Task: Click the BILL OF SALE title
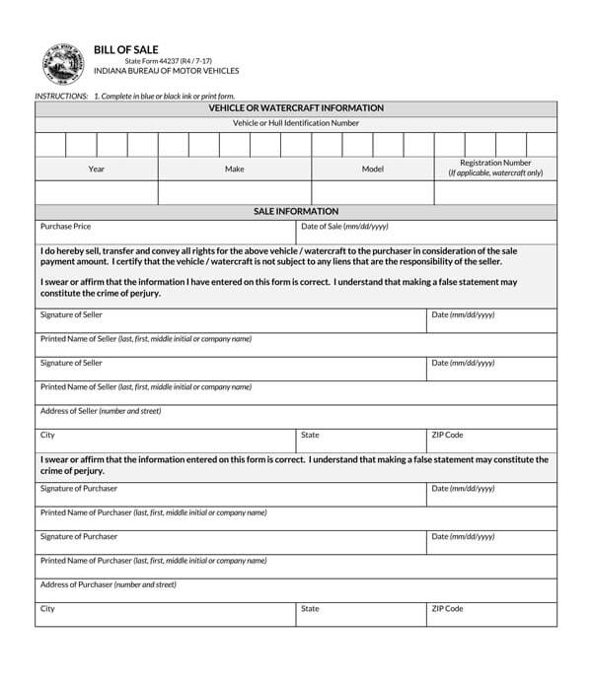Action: pyautogui.click(x=125, y=49)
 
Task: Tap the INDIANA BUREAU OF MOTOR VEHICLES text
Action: pyautogui.click(x=166, y=72)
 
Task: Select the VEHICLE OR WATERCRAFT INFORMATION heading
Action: pyautogui.click(x=296, y=108)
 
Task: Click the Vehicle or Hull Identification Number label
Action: pyautogui.click(x=296, y=123)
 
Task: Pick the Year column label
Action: pyautogui.click(x=97, y=170)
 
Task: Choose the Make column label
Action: pyautogui.click(x=235, y=170)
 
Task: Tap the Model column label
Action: pyautogui.click(x=373, y=170)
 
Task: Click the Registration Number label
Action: pyautogui.click(x=495, y=164)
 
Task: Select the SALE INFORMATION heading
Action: pyautogui.click(x=296, y=212)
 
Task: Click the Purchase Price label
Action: pyautogui.click(x=66, y=227)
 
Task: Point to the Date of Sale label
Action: pyautogui.click(x=344, y=227)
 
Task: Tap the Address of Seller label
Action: pyautogui.click(x=101, y=411)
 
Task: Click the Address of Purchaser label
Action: pyautogui.click(x=109, y=584)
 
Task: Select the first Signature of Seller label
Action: pyautogui.click(x=71, y=315)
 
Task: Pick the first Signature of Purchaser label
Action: pyautogui.click(x=79, y=489)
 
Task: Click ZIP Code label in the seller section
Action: pyautogui.click(x=448, y=435)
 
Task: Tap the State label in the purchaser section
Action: pyautogui.click(x=310, y=609)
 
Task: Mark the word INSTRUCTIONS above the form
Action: pyautogui.click(x=61, y=96)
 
